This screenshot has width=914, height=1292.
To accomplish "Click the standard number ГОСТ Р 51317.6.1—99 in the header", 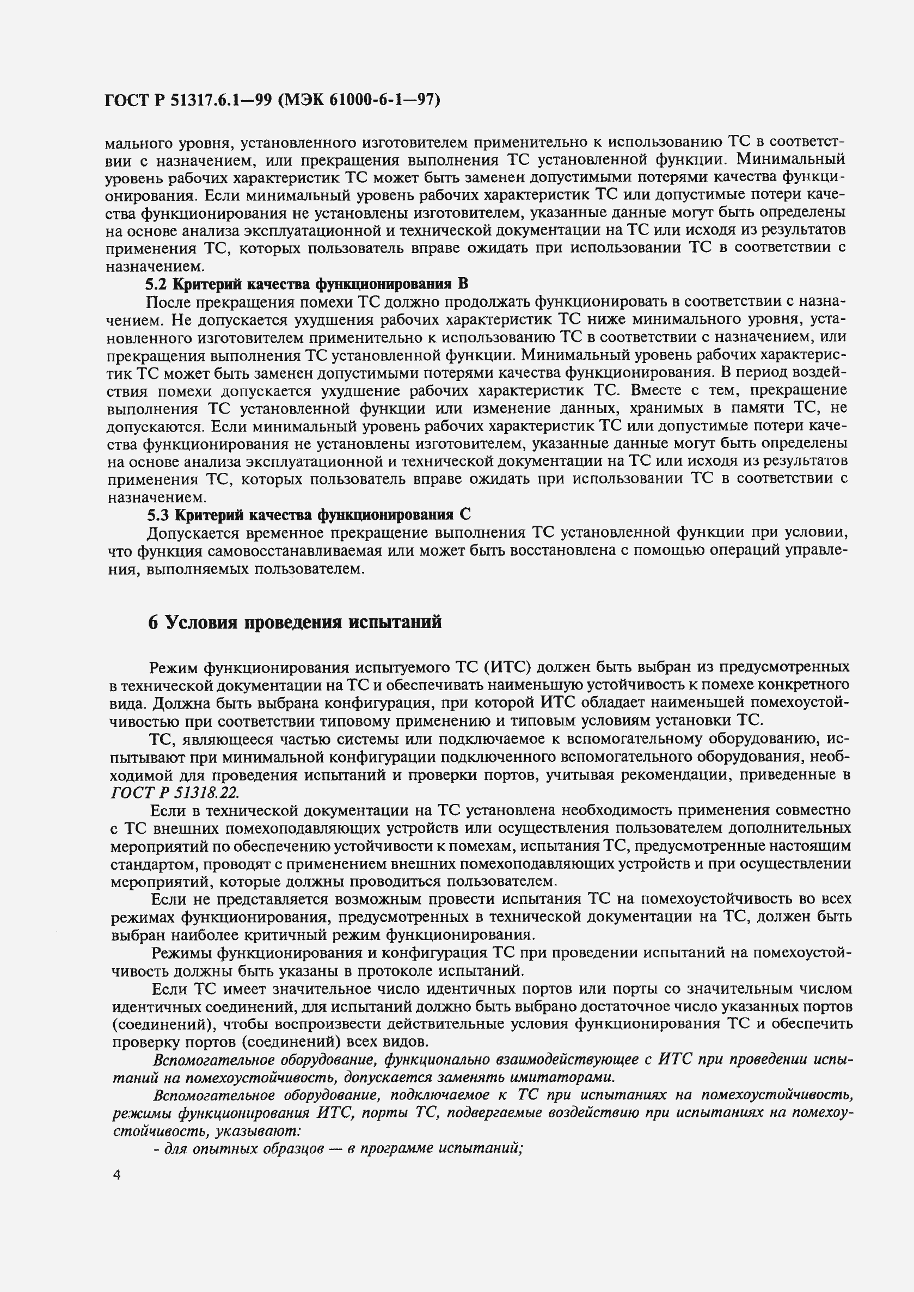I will click(x=188, y=100).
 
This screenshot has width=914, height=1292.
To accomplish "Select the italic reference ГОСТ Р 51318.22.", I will click(x=174, y=792).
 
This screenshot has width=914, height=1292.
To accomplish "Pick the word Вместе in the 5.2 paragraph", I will click(x=654, y=391).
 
